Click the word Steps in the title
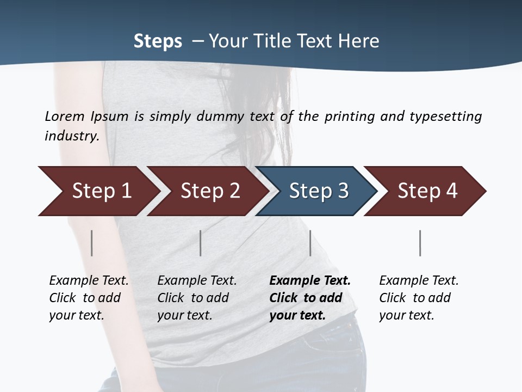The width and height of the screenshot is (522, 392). pos(158,41)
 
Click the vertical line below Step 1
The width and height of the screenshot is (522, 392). pos(92,243)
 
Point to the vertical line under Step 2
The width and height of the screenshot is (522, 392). pos(201,243)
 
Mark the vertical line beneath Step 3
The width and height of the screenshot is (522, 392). pos(310,243)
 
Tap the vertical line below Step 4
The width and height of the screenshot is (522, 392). pos(420,243)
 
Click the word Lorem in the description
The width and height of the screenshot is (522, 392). pos(65,117)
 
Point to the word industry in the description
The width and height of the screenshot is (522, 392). pos(72,136)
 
